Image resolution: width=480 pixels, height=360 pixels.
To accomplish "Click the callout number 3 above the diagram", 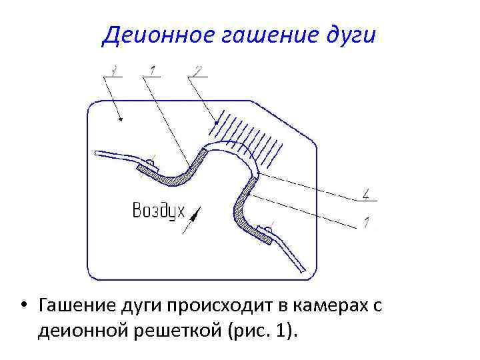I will coord(116,69).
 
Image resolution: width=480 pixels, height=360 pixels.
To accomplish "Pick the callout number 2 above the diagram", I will coord(198,69).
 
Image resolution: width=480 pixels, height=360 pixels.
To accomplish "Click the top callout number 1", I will coord(153,69).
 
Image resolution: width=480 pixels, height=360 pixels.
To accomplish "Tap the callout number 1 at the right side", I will coord(366,221).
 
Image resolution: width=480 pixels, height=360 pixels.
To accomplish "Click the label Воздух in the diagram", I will coord(158,211).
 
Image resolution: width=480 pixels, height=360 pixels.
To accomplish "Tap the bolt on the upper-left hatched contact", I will coord(151,162).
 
